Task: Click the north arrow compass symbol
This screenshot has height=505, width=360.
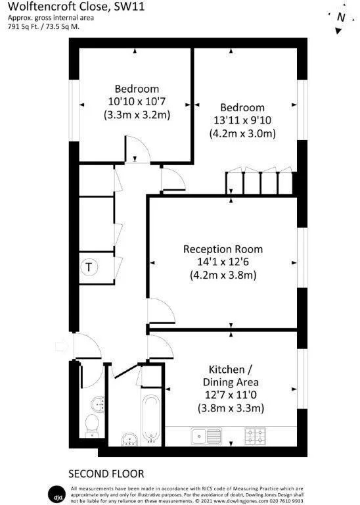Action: [x=340, y=18]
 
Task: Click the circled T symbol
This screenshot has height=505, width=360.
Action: [x=89, y=267]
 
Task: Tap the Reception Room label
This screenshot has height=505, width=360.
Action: [x=223, y=249]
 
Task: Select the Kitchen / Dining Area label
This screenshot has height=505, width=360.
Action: [x=233, y=375]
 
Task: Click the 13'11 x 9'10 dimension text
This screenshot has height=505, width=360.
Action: [x=242, y=120]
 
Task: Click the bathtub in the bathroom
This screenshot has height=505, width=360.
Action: [x=150, y=418]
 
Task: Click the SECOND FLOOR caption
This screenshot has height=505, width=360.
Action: [x=106, y=473]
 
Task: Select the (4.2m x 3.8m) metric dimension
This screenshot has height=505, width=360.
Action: [x=223, y=276]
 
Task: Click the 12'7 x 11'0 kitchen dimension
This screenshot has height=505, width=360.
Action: [x=233, y=395]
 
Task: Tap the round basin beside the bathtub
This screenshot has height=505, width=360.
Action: [x=129, y=438]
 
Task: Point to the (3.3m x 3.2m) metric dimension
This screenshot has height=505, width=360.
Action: [x=137, y=114]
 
